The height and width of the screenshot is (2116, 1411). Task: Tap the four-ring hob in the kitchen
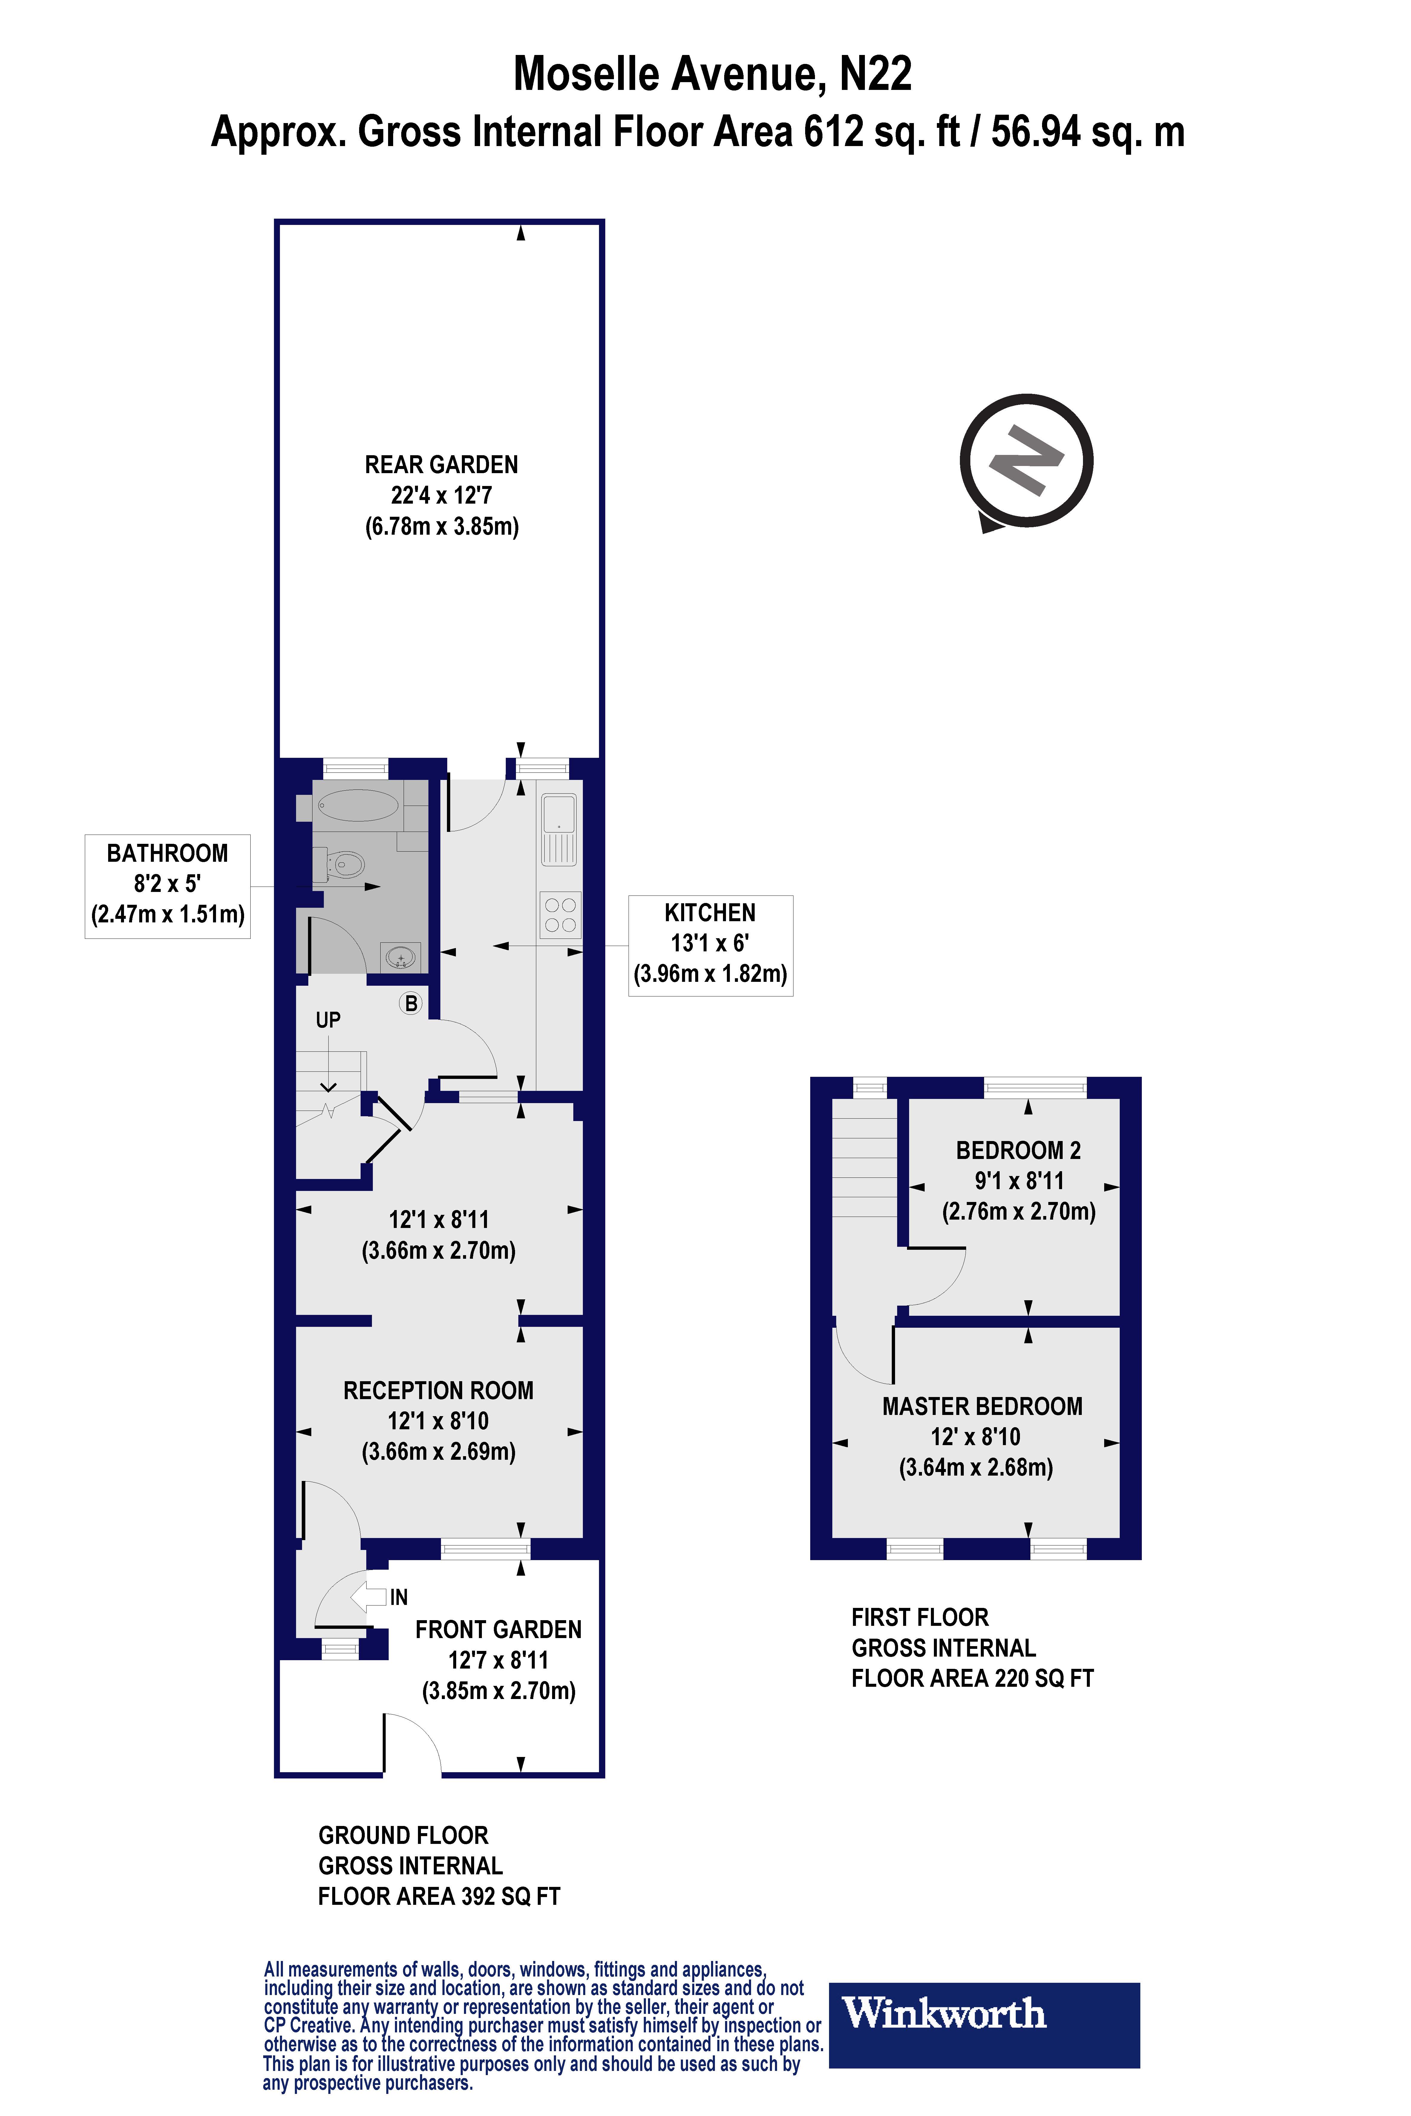pos(560,915)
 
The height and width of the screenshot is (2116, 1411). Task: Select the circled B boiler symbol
pos(411,1003)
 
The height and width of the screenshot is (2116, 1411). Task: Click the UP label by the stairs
pos(327,1019)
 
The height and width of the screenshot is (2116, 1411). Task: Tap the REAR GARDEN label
pos(441,465)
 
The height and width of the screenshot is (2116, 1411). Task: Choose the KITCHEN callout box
pos(710,944)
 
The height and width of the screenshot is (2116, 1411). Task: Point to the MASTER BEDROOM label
pos(982,1406)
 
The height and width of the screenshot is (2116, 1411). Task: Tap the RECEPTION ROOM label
pos(438,1391)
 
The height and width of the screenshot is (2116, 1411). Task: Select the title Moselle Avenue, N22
pos(712,74)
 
